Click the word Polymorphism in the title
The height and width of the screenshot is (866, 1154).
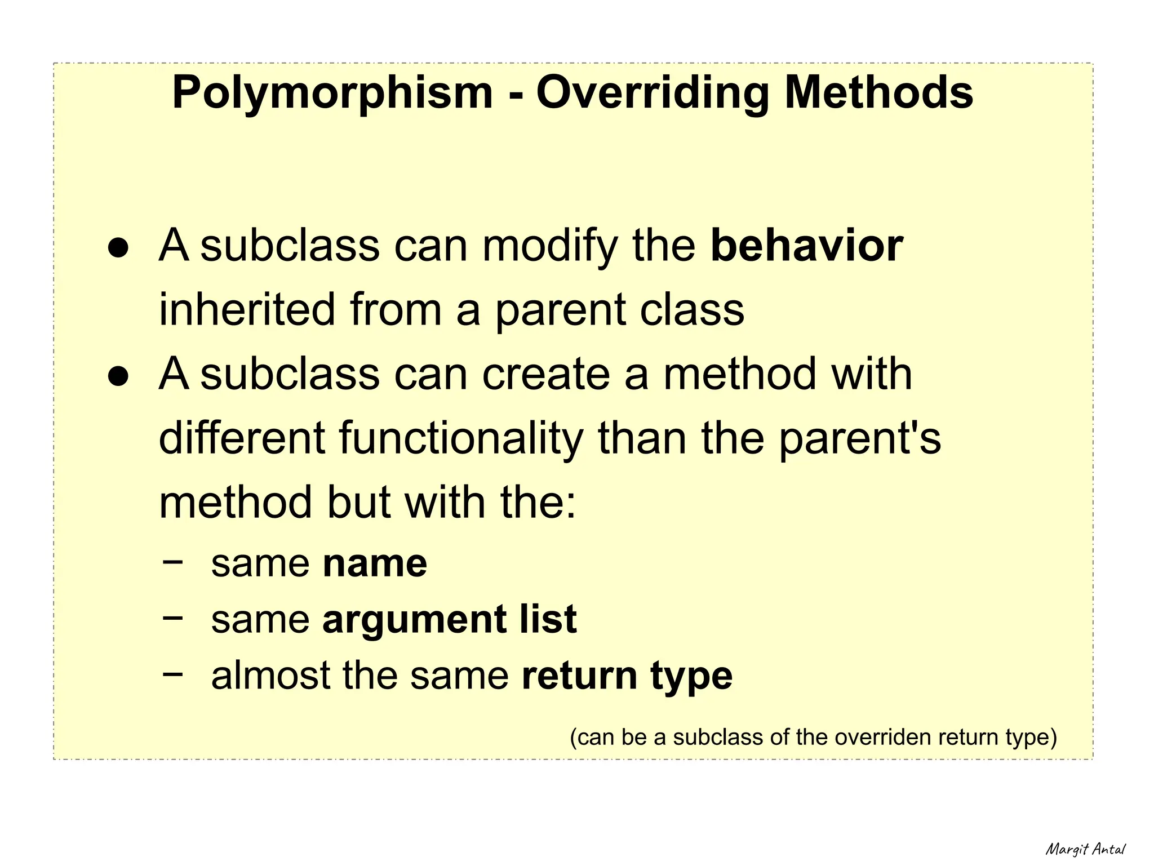click(x=332, y=94)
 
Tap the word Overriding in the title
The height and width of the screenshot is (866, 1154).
click(x=653, y=92)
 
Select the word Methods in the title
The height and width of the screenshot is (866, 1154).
click(x=879, y=92)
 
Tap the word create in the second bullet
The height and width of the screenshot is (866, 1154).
click(x=546, y=374)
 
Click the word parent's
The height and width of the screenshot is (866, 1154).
click(x=860, y=439)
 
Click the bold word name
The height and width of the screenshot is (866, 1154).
click(x=375, y=563)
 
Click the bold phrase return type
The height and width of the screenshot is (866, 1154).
click(x=627, y=676)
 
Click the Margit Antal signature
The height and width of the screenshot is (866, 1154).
click(x=1085, y=849)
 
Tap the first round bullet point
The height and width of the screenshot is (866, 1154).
click(x=119, y=248)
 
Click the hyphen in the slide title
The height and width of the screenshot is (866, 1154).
click(x=514, y=95)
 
